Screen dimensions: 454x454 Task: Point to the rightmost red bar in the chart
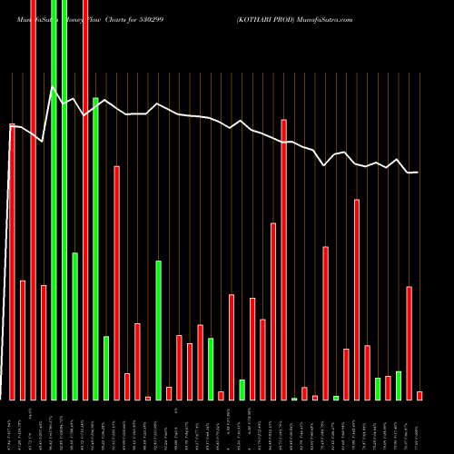pyautogui.click(x=419, y=395)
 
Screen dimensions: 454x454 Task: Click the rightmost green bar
pyautogui.click(x=399, y=385)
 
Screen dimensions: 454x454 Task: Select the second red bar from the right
pyautogui.click(x=410, y=342)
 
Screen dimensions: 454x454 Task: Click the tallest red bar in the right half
pyautogui.click(x=283, y=259)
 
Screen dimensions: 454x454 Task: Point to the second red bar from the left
pyautogui.click(x=23, y=340)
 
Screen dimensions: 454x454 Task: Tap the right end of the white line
pyautogui.click(x=418, y=173)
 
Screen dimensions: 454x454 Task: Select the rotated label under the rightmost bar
pyautogui.click(x=419, y=427)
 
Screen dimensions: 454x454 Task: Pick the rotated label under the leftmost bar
pyautogui.click(x=12, y=427)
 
